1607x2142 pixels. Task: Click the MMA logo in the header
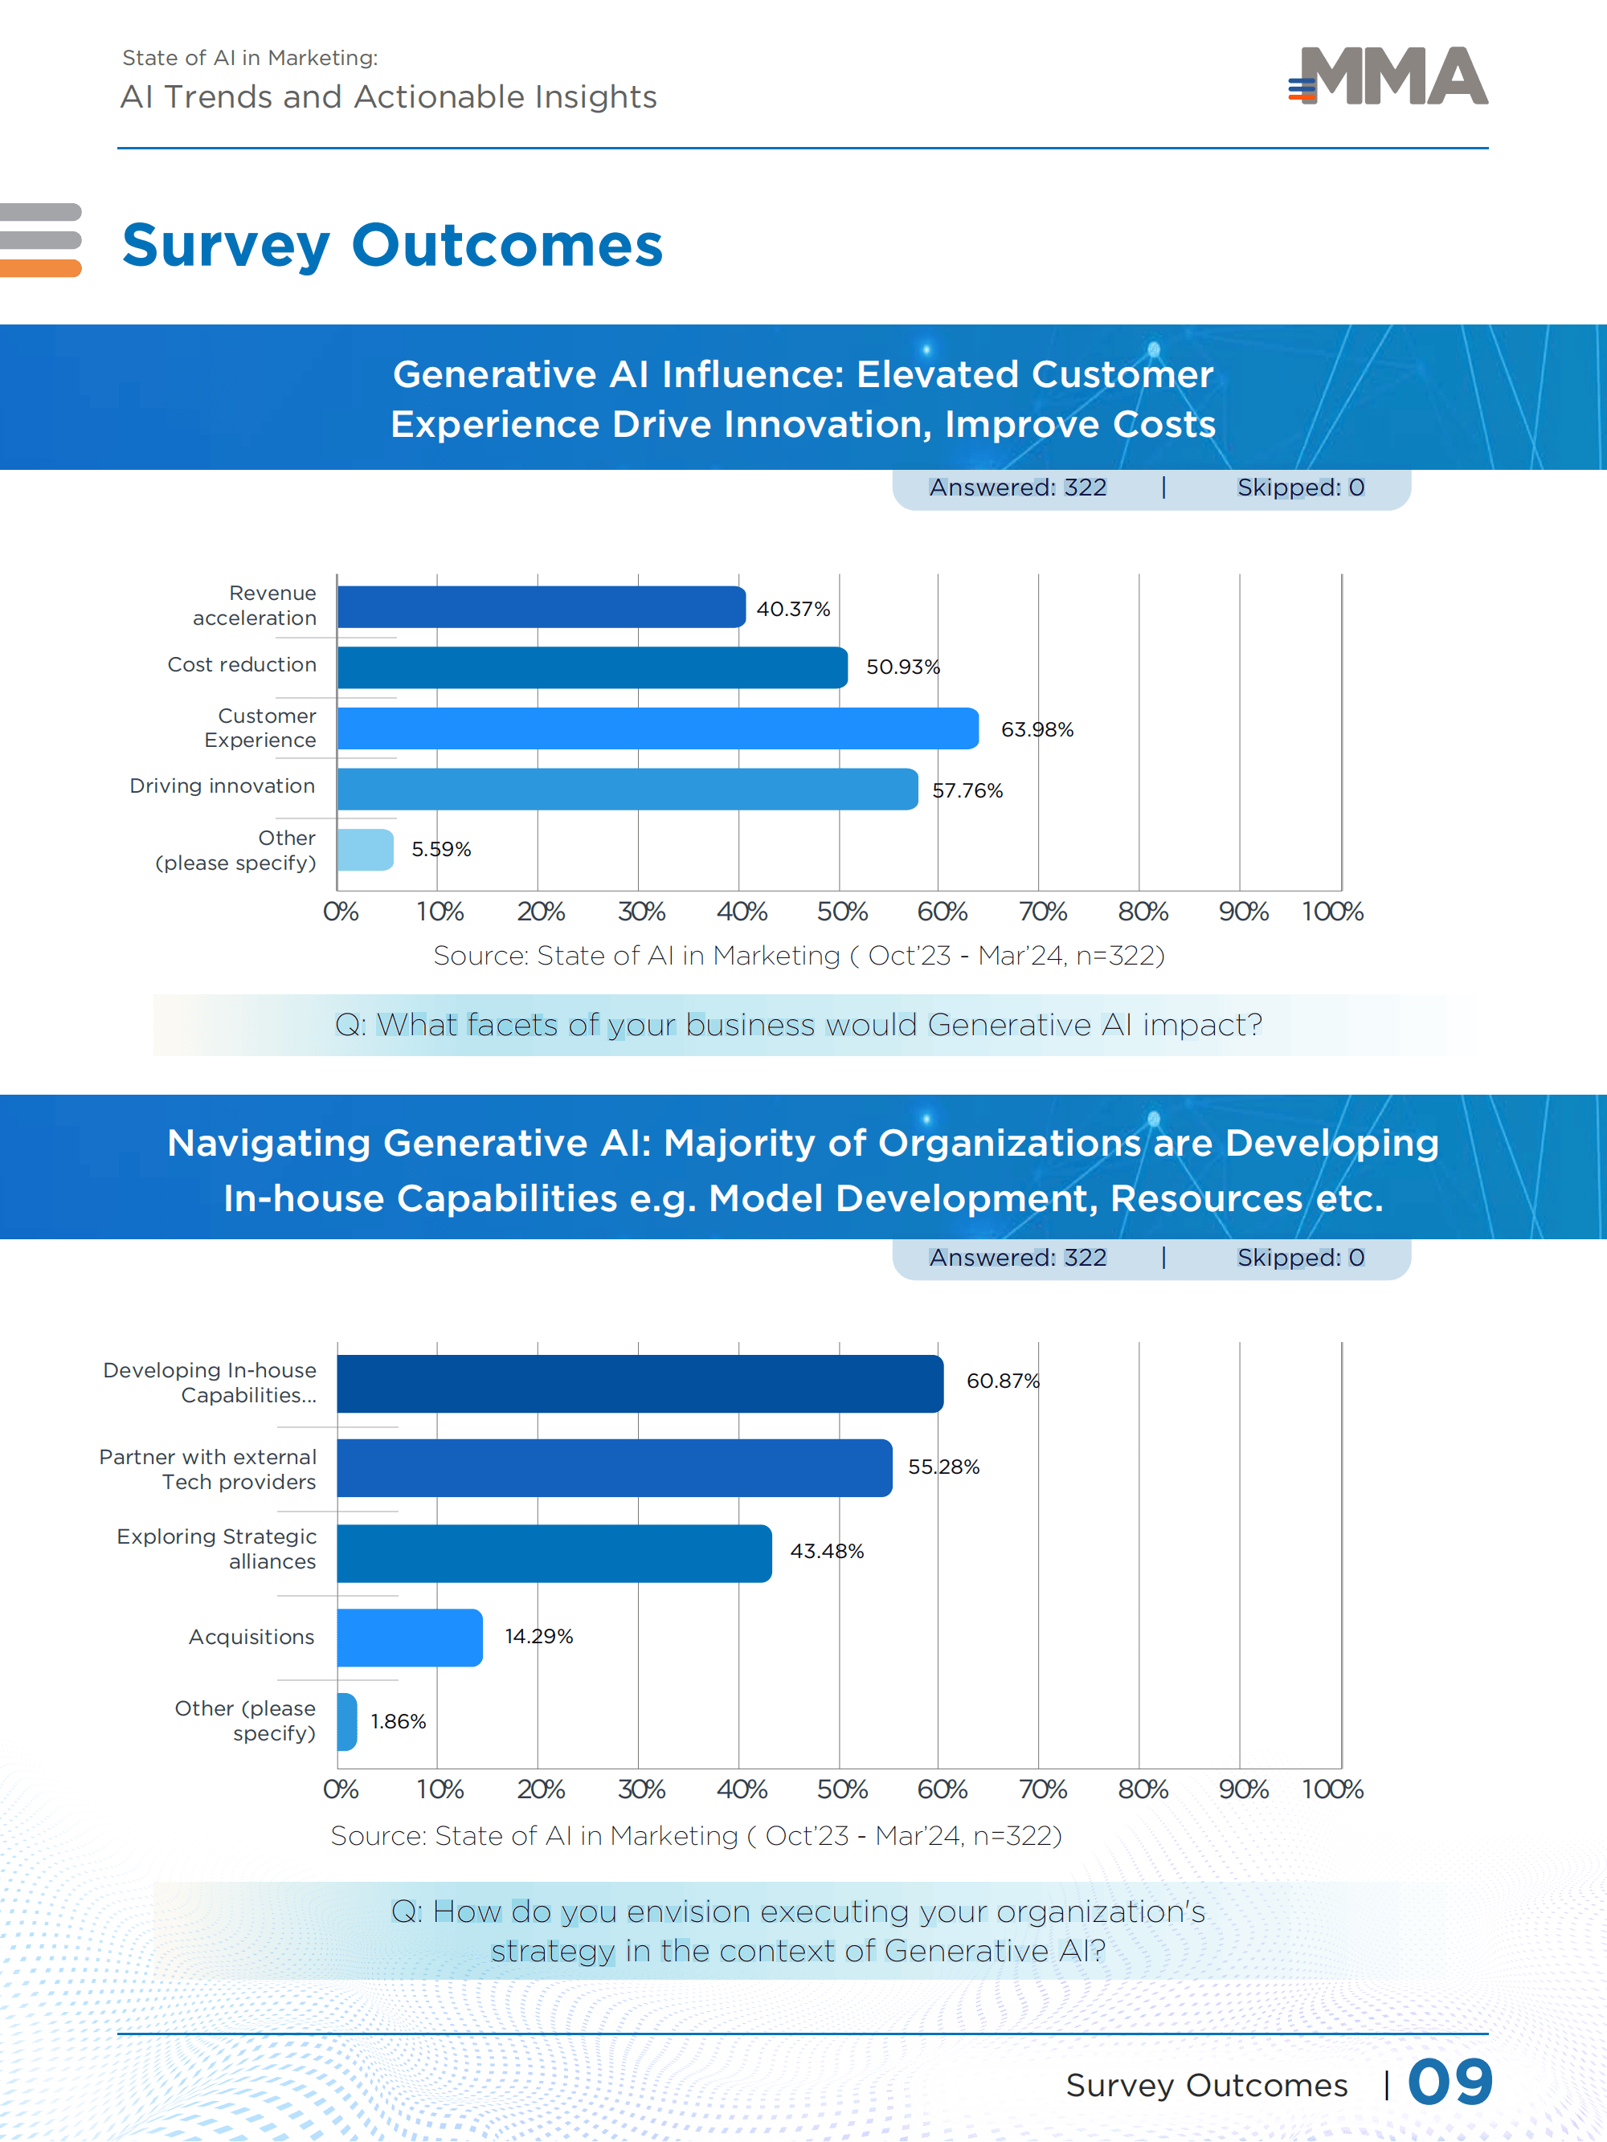tap(1390, 76)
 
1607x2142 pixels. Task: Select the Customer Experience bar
tap(658, 728)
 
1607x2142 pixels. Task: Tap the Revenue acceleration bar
tap(542, 607)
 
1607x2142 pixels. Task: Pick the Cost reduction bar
tap(592, 667)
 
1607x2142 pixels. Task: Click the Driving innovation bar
tap(627, 789)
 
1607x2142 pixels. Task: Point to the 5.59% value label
tap(441, 849)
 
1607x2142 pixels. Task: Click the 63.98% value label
tap(1037, 729)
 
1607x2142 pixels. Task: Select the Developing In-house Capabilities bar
tap(640, 1383)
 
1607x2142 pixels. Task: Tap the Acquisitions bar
tap(410, 1638)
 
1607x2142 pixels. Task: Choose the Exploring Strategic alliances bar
tap(554, 1553)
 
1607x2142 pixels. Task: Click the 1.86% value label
tap(398, 1721)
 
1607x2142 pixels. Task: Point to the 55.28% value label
tap(943, 1467)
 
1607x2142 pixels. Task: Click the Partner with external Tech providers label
tap(208, 1469)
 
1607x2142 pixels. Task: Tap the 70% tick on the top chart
tap(1042, 912)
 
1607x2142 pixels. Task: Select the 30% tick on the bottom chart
tap(641, 1789)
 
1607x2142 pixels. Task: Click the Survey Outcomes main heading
tap(392, 244)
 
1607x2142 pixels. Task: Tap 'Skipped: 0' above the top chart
tap(1300, 487)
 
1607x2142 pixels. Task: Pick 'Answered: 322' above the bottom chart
tap(1017, 1257)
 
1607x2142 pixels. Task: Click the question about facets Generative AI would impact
tap(798, 1025)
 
